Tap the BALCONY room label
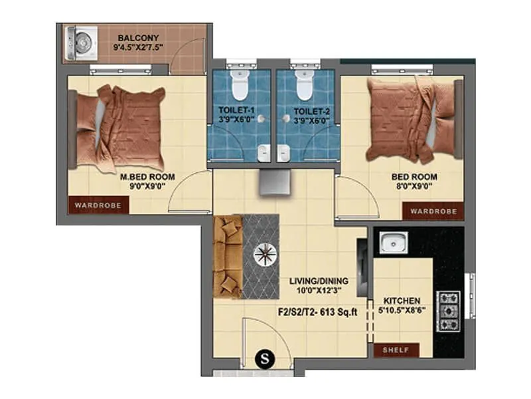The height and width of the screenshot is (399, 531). pos(139,37)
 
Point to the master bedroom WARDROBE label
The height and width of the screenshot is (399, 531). pos(98,205)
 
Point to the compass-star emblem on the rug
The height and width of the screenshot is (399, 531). pos(267,254)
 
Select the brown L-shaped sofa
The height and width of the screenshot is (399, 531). pos(228,256)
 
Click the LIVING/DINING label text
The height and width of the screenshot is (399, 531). pos(319,281)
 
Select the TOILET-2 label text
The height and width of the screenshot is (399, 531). pos(307,111)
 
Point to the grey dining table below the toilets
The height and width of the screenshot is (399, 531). pos(273,181)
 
